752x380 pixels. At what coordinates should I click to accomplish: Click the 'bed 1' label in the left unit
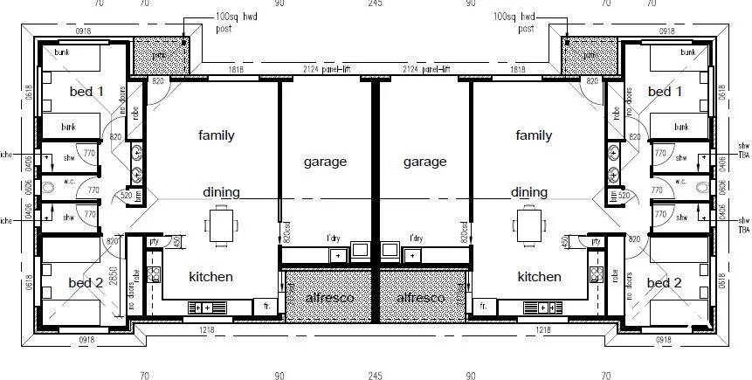pyautogui.click(x=86, y=91)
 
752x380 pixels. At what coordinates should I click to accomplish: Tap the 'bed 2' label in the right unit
pyautogui.click(x=665, y=282)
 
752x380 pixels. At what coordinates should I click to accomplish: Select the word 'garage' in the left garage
pyautogui.click(x=326, y=162)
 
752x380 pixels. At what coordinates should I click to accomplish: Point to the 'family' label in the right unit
pyautogui.click(x=534, y=135)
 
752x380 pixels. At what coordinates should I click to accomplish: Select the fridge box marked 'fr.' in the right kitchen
pyautogui.click(x=483, y=307)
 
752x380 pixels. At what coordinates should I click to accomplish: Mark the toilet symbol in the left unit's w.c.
pyautogui.click(x=49, y=187)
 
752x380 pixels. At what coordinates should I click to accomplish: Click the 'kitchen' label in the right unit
pyautogui.click(x=539, y=277)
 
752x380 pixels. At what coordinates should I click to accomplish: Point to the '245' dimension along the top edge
pyautogui.click(x=375, y=4)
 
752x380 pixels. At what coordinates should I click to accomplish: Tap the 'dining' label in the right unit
pyautogui.click(x=529, y=192)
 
